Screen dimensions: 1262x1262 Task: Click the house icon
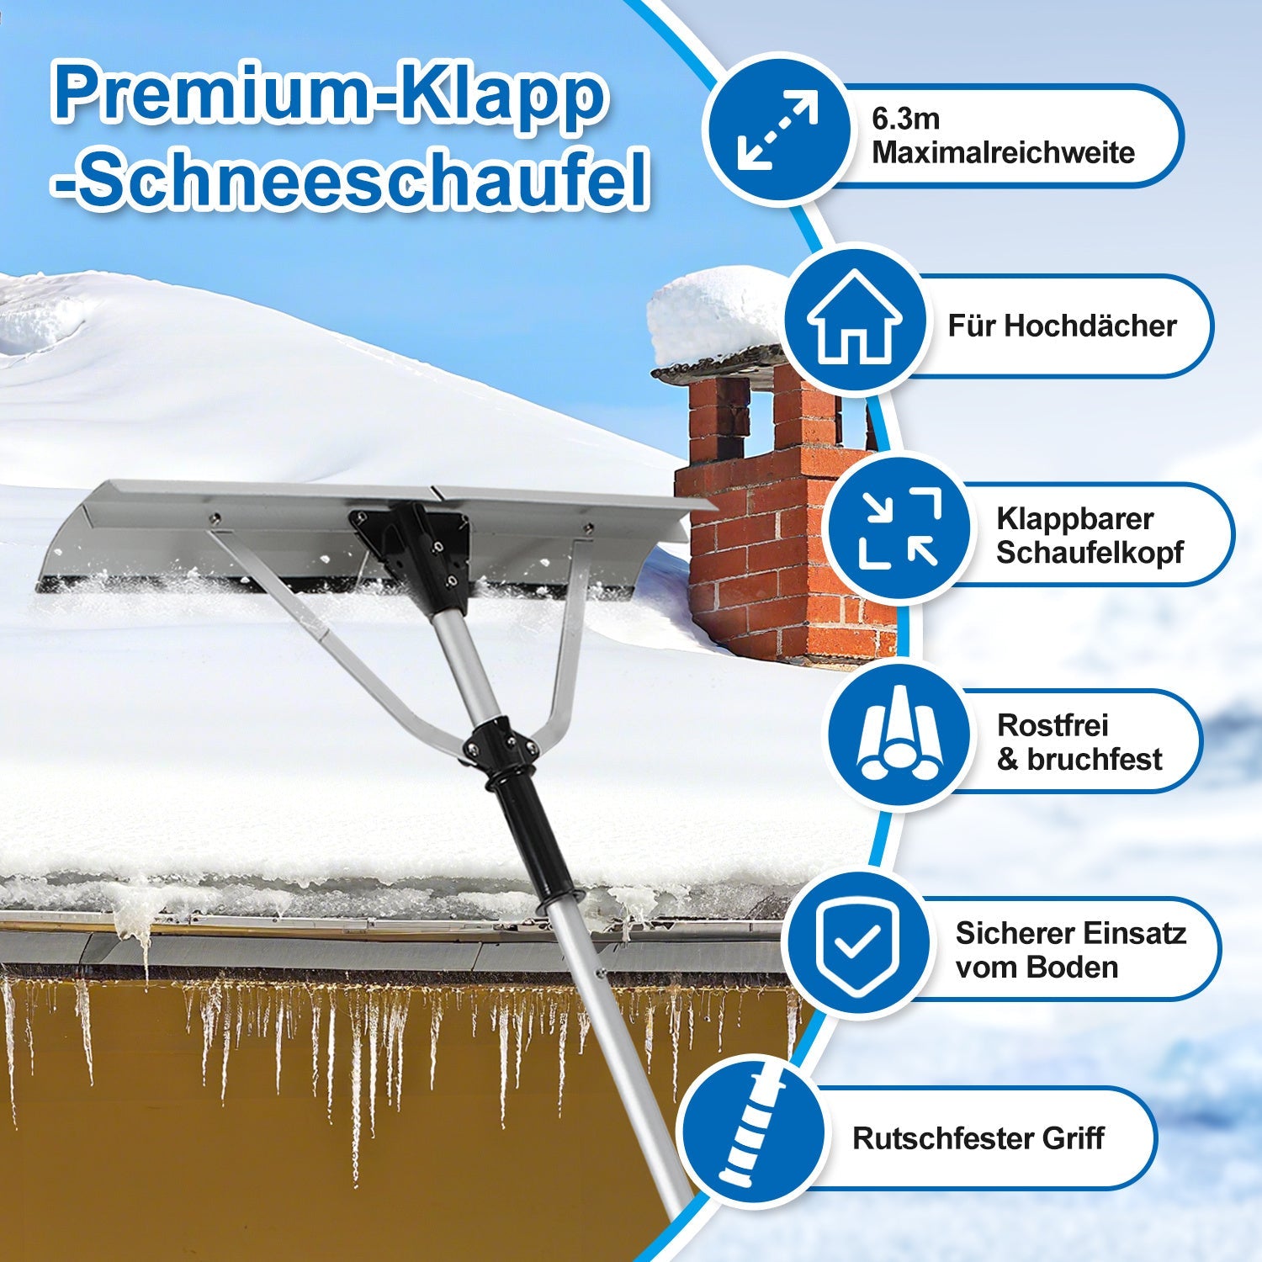pos(854,320)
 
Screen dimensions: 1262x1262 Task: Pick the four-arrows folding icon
pos(898,528)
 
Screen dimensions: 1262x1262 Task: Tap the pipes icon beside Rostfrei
pos(898,736)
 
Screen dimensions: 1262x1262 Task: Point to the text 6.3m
pos(905,119)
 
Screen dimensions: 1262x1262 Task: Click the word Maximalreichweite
pos(1003,153)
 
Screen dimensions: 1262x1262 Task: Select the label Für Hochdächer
pos(1062,326)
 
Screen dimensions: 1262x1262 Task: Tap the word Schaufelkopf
pos(1090,553)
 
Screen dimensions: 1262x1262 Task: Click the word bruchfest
pos(1094,760)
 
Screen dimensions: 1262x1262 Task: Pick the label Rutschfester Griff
pos(978,1138)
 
